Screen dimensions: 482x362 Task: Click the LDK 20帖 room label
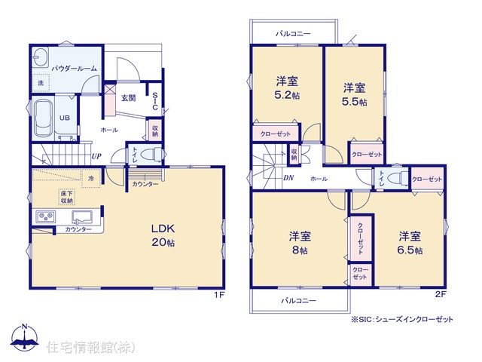pyautogui.click(x=163, y=235)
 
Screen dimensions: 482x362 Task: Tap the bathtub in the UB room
pyautogui.click(x=43, y=118)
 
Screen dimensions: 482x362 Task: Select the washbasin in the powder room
pyautogui.click(x=40, y=57)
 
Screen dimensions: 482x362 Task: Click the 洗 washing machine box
pyautogui.click(x=41, y=83)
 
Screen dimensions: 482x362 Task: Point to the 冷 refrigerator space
pyautogui.click(x=91, y=178)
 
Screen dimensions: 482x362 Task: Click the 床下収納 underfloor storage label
pyautogui.click(x=67, y=197)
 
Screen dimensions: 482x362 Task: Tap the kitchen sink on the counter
pyautogui.click(x=82, y=216)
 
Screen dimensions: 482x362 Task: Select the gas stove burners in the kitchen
pyautogui.click(x=46, y=216)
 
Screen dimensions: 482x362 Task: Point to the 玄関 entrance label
pyautogui.click(x=128, y=98)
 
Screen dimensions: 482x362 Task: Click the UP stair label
pyautogui.click(x=96, y=156)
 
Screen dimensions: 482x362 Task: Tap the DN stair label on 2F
pyautogui.click(x=288, y=178)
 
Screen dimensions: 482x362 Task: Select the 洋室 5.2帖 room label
pyautogui.click(x=287, y=88)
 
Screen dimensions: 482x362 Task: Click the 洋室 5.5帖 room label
pyautogui.click(x=355, y=94)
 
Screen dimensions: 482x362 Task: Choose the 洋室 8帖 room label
pyautogui.click(x=300, y=243)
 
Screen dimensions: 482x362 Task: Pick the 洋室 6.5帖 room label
pyautogui.click(x=410, y=243)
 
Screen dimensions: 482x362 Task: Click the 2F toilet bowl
pyautogui.click(x=396, y=179)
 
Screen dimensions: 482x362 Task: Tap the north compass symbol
pyautogui.click(x=24, y=337)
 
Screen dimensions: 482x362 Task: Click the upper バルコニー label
pyautogui.click(x=293, y=33)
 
